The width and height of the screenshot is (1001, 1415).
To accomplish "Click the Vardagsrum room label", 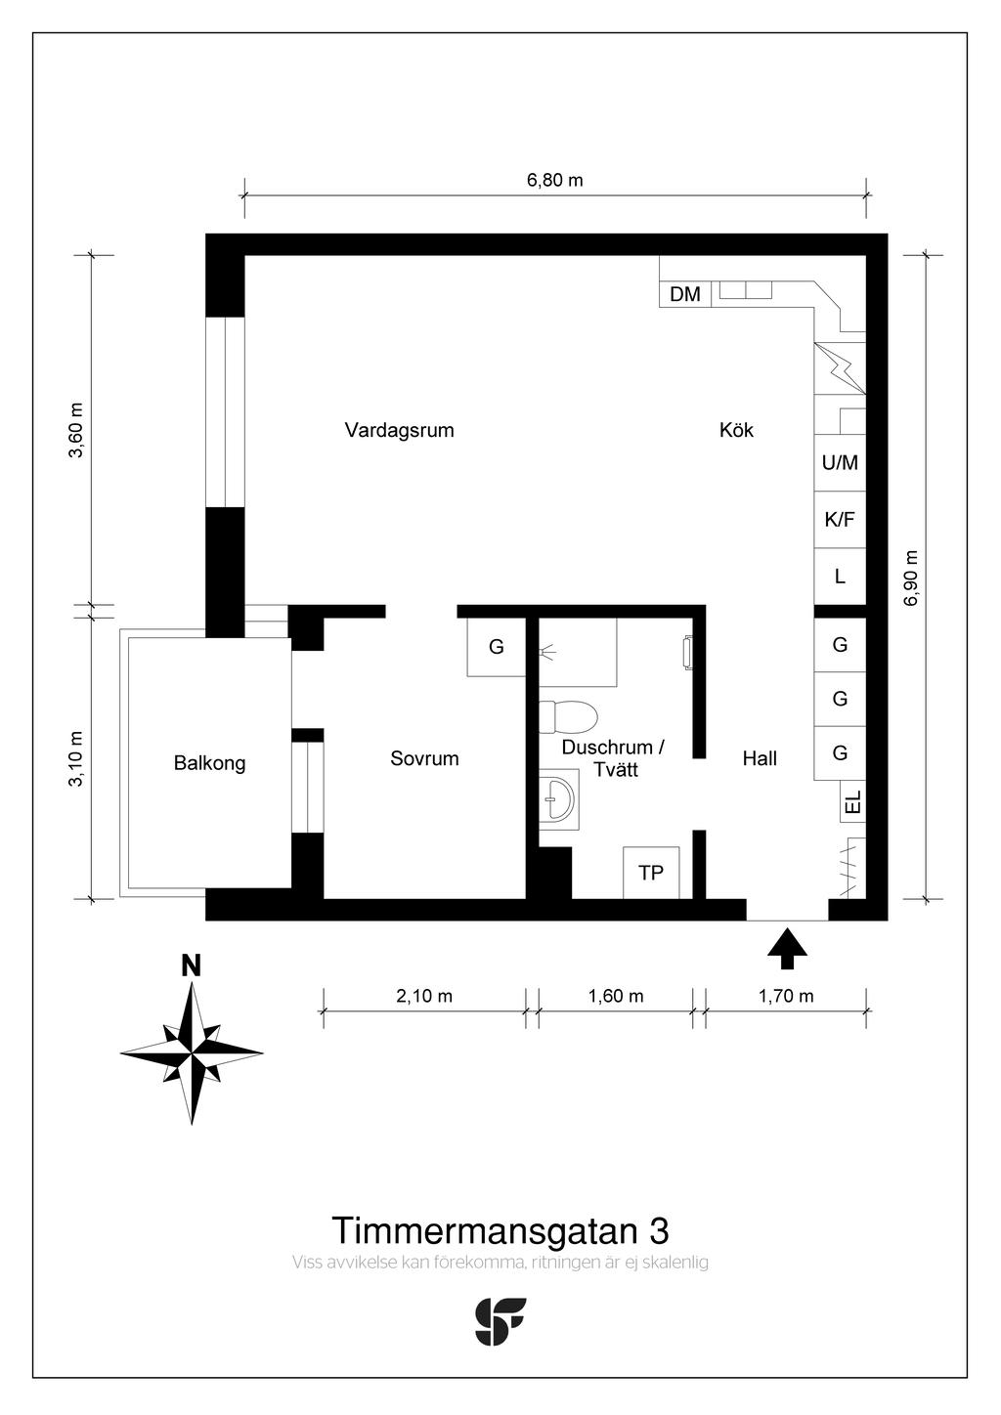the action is (400, 430).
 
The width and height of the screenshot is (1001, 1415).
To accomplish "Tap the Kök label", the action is (736, 430).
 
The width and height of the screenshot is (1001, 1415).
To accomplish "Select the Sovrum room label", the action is (424, 758).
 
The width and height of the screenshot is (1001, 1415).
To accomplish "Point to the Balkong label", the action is (210, 763).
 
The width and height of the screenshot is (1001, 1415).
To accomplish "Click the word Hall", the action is (760, 758).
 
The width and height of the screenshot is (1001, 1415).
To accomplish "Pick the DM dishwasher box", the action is (685, 294).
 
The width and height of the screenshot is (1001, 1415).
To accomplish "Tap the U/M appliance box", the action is (840, 463).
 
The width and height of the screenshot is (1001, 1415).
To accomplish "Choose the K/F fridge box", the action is (840, 520).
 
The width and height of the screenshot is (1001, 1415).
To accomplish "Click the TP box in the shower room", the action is (651, 873).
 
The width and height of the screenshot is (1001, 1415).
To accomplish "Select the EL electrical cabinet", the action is (852, 802).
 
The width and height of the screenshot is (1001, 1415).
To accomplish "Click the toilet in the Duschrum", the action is (568, 717).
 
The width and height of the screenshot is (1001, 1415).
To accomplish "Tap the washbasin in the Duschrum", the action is (558, 799).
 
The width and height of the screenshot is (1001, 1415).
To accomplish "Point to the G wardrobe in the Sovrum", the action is (497, 647).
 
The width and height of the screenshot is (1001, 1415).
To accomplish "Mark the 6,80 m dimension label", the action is (555, 181).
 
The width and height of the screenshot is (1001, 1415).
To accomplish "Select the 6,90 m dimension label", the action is (911, 578).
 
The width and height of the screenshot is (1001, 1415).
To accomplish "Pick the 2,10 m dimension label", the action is (424, 996).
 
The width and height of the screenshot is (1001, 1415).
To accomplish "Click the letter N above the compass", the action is (191, 966).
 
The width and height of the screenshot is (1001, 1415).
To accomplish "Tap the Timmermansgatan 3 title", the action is (500, 1230).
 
